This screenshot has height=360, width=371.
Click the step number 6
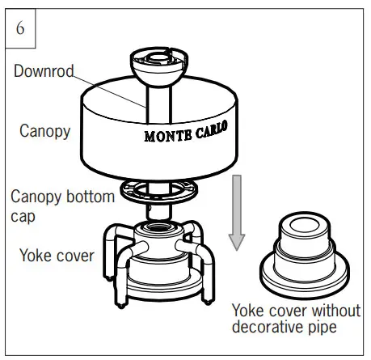(x=20, y=28)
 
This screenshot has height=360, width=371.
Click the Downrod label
(x=44, y=71)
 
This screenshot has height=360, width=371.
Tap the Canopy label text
(x=45, y=131)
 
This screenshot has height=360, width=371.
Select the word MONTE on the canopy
(x=168, y=136)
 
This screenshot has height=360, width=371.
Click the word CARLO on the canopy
(x=212, y=129)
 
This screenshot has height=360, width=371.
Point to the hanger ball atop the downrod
(x=159, y=66)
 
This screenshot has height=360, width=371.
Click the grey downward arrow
(x=237, y=213)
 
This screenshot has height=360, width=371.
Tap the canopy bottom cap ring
(x=159, y=191)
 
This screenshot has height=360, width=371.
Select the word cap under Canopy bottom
(x=23, y=216)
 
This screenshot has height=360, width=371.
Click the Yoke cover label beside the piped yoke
(x=57, y=256)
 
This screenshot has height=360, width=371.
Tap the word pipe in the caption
(x=323, y=328)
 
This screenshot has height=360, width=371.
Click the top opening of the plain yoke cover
(x=305, y=225)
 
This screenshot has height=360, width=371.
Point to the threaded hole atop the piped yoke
(x=159, y=227)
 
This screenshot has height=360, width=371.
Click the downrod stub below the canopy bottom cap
(x=159, y=212)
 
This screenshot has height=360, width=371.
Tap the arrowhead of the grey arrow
(x=237, y=242)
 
